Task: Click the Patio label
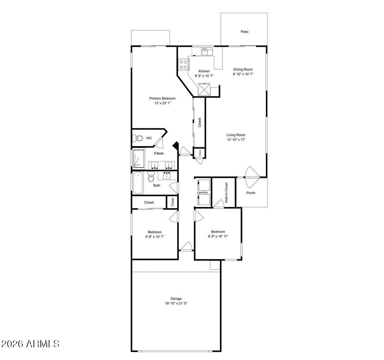244,32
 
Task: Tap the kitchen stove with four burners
183,64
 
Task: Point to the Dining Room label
243,70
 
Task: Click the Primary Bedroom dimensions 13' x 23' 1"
162,103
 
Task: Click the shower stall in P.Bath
138,158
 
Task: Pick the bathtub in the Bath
138,183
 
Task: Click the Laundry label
202,193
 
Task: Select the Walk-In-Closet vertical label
226,193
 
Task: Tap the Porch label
251,193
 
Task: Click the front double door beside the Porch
252,177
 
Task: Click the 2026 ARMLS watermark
31,343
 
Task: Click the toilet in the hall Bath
151,178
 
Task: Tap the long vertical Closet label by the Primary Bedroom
200,122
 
